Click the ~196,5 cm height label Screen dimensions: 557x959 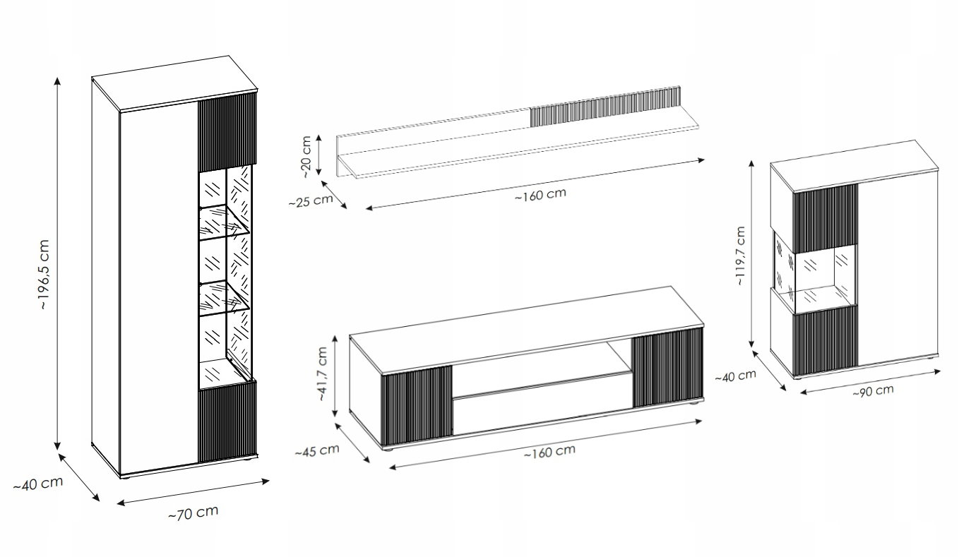click(44, 275)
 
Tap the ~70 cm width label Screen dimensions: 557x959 click(193, 513)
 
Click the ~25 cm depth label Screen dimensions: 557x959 click(310, 200)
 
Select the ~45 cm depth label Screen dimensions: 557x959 click(316, 450)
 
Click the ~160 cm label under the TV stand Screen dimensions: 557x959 click(549, 451)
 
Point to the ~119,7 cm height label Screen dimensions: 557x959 click(739, 256)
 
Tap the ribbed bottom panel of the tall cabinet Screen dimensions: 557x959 click(227, 421)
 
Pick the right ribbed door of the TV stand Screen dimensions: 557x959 click(667, 370)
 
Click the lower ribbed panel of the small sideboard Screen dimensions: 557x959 click(825, 342)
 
